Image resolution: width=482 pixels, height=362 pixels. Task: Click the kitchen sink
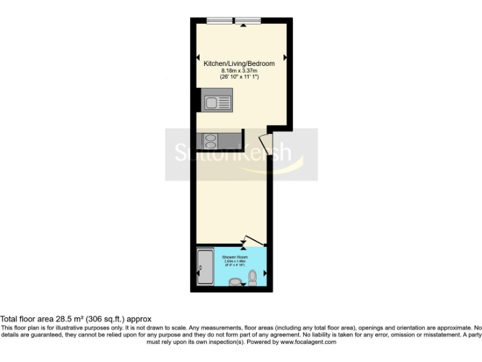click(x=217, y=101)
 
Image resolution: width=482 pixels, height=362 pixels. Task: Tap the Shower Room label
click(x=234, y=258)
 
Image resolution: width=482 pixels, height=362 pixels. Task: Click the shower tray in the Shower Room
click(x=205, y=268)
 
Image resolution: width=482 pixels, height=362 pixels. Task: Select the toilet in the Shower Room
click(x=252, y=277)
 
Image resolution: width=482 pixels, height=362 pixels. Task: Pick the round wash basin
click(x=234, y=282)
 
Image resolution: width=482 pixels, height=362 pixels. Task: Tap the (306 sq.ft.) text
click(x=102, y=319)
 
